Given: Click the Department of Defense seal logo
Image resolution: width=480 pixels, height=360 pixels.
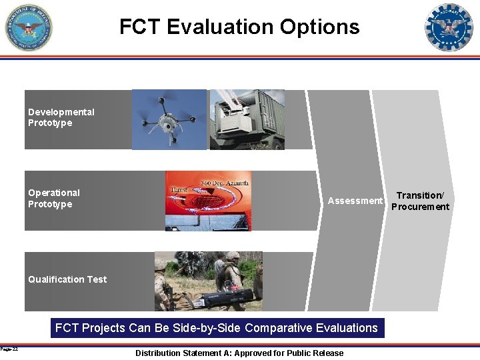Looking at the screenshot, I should [x=29, y=27].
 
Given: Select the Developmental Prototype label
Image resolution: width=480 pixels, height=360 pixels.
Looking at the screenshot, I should [x=61, y=117].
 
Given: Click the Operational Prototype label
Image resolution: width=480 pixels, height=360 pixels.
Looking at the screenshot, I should [x=54, y=198].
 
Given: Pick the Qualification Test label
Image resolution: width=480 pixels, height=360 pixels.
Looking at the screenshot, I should [x=67, y=279].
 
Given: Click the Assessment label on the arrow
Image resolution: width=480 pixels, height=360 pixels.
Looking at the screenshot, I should [x=355, y=201].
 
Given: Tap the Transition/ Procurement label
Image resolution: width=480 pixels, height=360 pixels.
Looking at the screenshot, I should [x=420, y=201].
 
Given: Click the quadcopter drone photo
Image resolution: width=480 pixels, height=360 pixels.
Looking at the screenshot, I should [x=169, y=119].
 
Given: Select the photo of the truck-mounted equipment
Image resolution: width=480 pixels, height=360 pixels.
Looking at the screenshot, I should [x=246, y=119].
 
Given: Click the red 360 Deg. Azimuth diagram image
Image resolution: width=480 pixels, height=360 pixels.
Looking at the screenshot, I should [x=209, y=201].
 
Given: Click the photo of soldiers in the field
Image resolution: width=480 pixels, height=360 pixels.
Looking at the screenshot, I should [x=209, y=281].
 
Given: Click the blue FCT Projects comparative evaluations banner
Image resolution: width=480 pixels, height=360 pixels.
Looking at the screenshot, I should [x=216, y=328].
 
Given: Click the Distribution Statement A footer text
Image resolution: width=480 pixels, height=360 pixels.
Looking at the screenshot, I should [x=239, y=353].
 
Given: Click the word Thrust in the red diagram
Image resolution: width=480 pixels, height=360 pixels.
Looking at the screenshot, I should [x=179, y=189].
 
